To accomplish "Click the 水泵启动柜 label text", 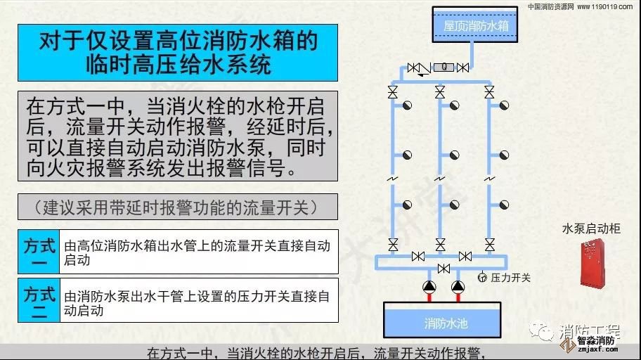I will tap(591, 229).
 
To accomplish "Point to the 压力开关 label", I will tap(511, 278).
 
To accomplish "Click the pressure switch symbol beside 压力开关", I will tap(482, 278).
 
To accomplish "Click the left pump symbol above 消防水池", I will tap(429, 287).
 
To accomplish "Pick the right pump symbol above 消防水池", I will tap(458, 287).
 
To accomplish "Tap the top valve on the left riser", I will tap(392, 92).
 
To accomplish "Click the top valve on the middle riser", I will tap(440, 92).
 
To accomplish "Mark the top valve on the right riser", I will tap(489, 92).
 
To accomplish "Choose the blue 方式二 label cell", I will tap(39, 300).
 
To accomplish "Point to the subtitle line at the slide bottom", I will tap(318, 353).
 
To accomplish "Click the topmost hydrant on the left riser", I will tap(406, 105).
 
